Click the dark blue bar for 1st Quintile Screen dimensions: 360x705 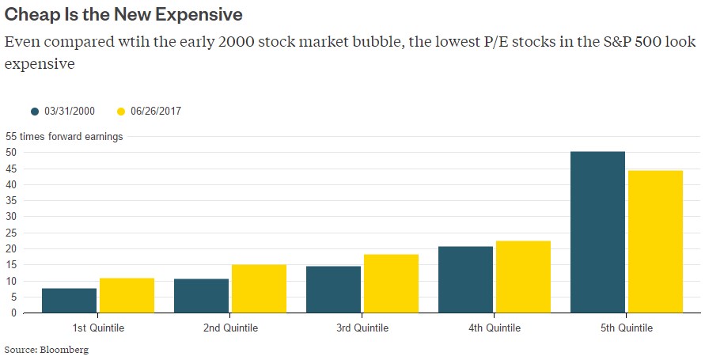[70, 301]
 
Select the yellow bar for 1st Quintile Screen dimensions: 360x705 [127, 295]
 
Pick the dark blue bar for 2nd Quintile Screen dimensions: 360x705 [201, 295]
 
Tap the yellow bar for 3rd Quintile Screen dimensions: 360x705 [391, 283]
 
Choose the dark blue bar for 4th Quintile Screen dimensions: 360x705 [465, 279]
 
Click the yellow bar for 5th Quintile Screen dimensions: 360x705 [655, 241]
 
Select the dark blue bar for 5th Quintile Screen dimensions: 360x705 [597, 232]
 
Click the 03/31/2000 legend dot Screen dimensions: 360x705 [35, 112]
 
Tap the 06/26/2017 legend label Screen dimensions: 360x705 [157, 112]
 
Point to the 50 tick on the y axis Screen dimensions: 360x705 [11, 153]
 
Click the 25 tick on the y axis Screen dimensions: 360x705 [11, 233]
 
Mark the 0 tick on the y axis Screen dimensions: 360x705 [13, 313]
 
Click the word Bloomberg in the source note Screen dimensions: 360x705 [66, 349]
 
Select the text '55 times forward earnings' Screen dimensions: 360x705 [64, 137]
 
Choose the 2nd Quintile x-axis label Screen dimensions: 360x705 [230, 328]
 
